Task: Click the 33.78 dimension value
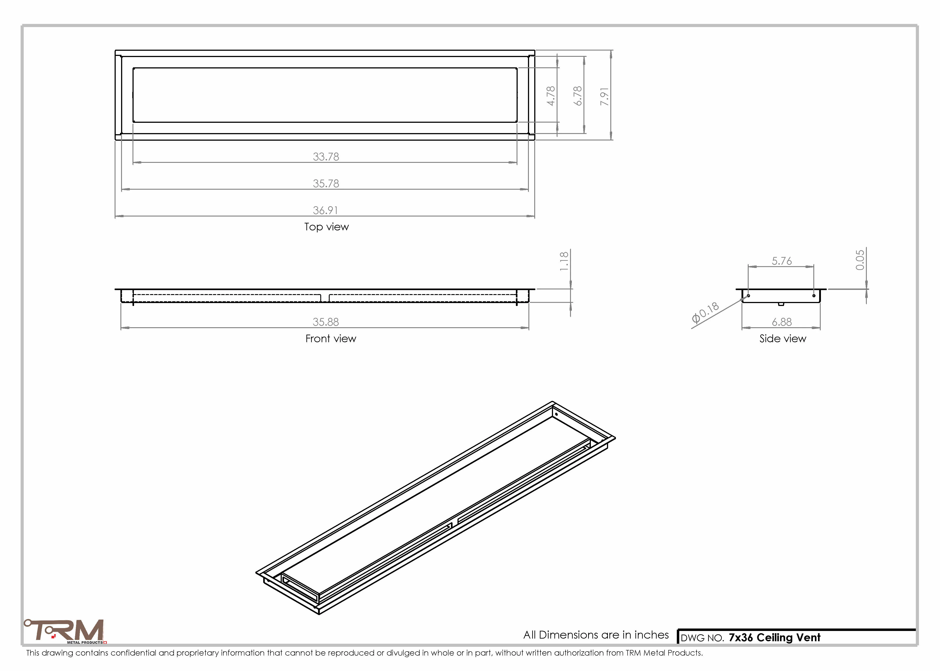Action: pos(326,157)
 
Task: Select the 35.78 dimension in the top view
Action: pos(326,183)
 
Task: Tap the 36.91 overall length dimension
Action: pos(325,210)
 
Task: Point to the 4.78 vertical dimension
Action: pos(551,96)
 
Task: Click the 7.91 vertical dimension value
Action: pos(604,96)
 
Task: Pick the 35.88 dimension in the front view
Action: pos(326,322)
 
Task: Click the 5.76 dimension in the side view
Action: pos(782,261)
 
